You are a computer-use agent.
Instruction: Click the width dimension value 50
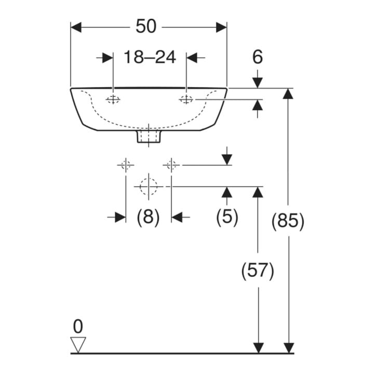pos(146,26)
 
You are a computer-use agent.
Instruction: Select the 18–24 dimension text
pos(150,57)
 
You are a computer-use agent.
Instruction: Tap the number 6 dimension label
pos(257,57)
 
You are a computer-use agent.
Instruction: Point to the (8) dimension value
pos(148,217)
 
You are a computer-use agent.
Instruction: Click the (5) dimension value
pos(227,217)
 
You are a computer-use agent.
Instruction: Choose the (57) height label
pos(258,271)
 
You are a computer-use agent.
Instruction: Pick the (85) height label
pos(288,221)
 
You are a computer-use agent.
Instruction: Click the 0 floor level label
pos(78,327)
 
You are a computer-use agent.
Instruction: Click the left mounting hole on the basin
pos(113,99)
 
